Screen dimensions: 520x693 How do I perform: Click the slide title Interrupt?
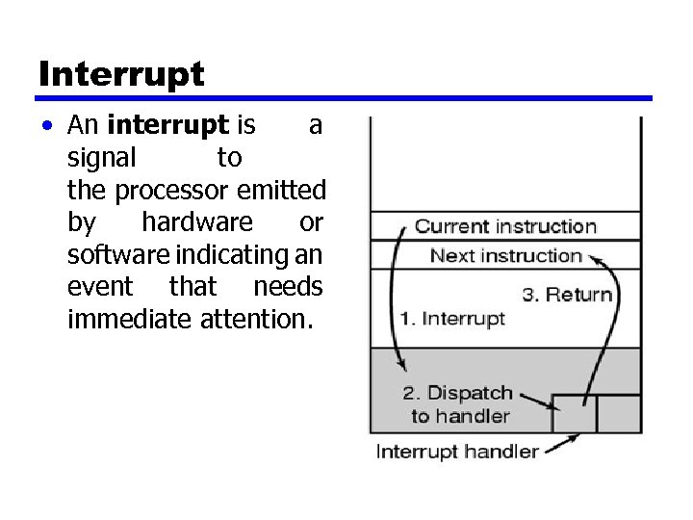121,73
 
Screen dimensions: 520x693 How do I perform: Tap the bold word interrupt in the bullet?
169,124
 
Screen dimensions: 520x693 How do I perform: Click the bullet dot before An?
47,125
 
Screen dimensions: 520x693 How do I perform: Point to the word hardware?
196,222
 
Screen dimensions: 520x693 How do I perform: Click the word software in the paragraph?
112,254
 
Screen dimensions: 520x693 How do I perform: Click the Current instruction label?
505,226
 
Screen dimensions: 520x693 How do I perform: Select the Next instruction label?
505,255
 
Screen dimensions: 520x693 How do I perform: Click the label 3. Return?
567,294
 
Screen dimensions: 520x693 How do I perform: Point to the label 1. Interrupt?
451,319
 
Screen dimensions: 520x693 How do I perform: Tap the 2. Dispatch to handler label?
459,404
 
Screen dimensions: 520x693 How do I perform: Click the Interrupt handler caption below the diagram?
457,451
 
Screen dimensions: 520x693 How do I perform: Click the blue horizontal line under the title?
345,98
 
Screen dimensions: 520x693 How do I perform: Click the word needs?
288,287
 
